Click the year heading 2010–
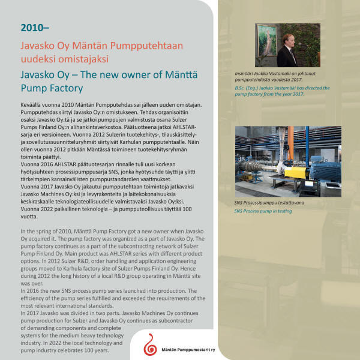pos(33,28)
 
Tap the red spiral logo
pos(149,344)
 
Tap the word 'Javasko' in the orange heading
pos(37,45)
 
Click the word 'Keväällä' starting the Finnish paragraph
pos(33,104)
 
